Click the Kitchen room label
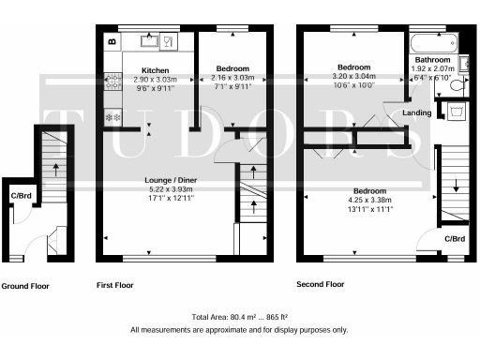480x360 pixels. [x=155, y=70]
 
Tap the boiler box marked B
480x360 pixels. [x=112, y=41]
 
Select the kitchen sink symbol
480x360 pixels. [x=150, y=41]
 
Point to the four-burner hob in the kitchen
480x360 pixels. [x=114, y=81]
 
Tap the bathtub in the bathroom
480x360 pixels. [x=432, y=42]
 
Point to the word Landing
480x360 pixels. [x=416, y=113]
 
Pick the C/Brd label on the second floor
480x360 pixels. [x=455, y=239]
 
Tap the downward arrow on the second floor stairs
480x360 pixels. [x=456, y=185]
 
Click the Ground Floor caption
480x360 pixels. [x=24, y=286]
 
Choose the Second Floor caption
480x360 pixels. [x=320, y=284]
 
